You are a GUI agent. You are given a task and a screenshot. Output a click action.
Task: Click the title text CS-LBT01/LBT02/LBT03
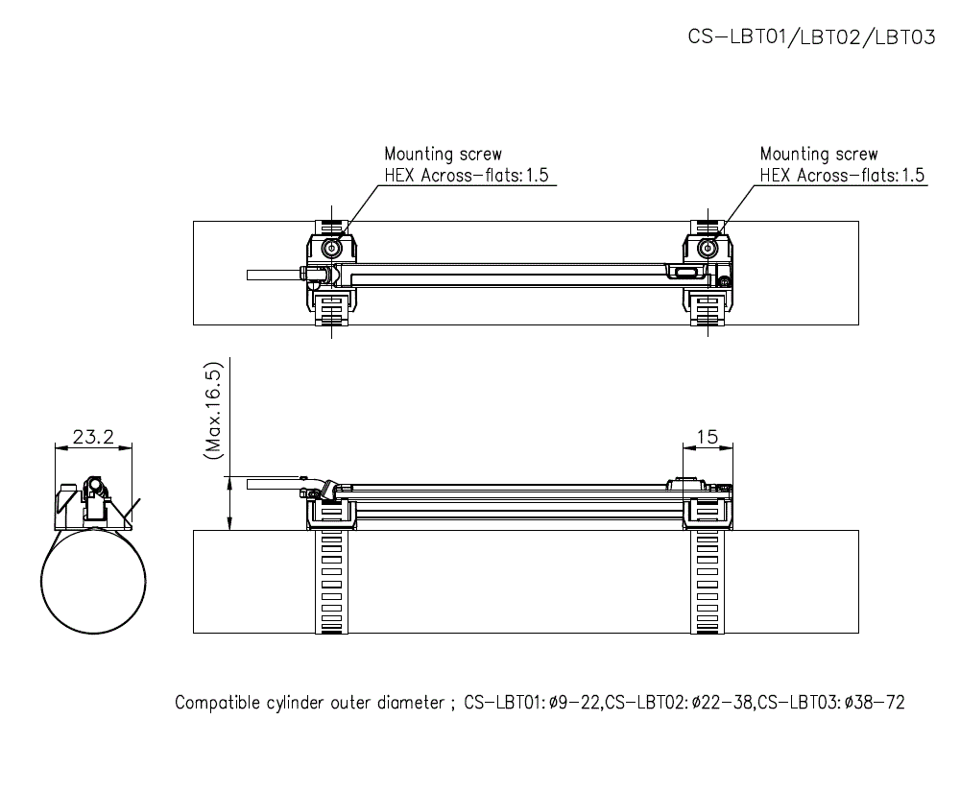tap(811, 36)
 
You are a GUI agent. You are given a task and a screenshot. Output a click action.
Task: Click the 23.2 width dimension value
tap(93, 437)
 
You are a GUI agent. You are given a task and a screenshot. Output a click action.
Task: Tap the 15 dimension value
tap(707, 437)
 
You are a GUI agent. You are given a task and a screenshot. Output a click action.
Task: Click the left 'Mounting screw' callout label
tap(443, 154)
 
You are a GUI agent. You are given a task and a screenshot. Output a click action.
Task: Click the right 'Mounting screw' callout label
tap(818, 154)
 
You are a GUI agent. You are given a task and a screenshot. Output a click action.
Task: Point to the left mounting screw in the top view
tap(332, 249)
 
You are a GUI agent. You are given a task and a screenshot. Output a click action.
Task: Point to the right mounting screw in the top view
tap(708, 249)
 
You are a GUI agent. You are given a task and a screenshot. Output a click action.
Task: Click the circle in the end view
tap(93, 582)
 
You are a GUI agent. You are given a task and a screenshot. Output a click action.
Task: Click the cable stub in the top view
tap(274, 275)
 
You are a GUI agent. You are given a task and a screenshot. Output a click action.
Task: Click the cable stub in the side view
tap(274, 485)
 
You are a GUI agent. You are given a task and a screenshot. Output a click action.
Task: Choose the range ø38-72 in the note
tap(873, 703)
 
